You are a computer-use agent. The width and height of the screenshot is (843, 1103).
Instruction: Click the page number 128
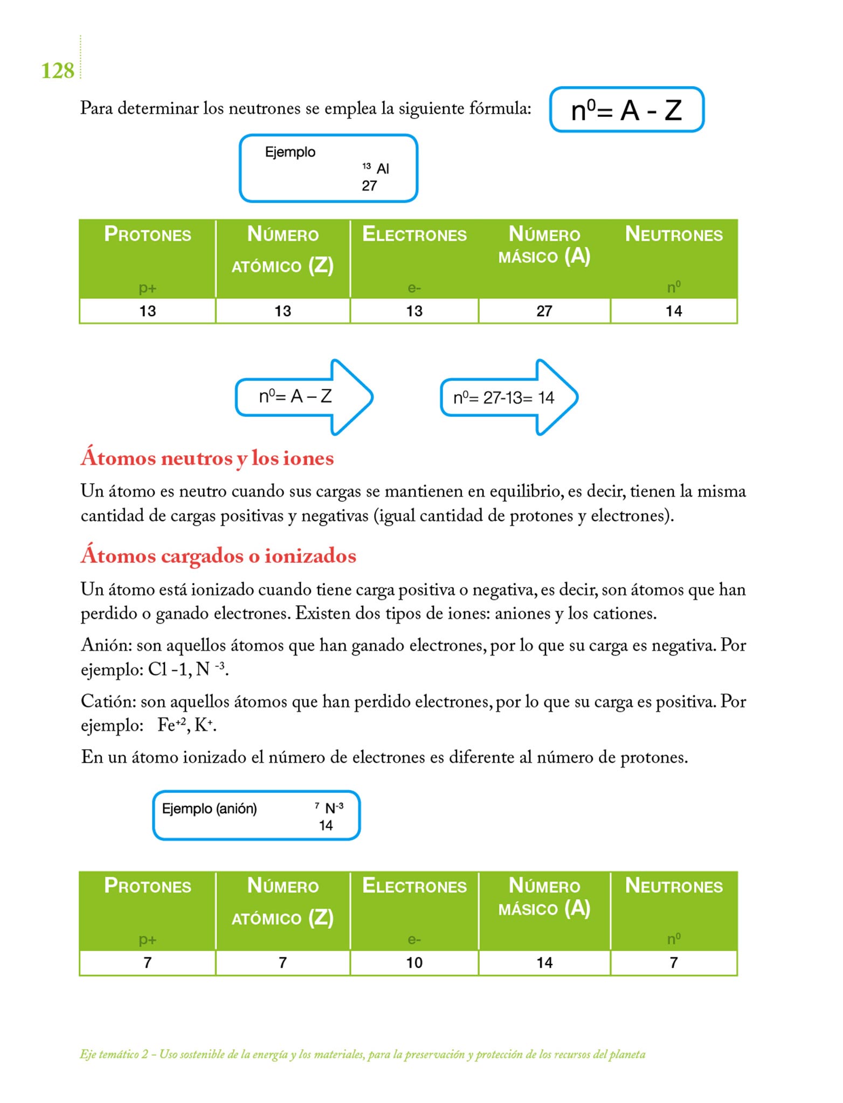(57, 71)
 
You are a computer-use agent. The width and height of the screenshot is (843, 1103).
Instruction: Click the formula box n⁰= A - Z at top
(626, 110)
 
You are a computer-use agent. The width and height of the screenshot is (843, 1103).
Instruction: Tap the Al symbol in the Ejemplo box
(383, 169)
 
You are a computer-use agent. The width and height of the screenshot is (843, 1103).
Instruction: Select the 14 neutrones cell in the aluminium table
(674, 311)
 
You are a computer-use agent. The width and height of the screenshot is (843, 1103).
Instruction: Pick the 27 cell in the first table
(544, 311)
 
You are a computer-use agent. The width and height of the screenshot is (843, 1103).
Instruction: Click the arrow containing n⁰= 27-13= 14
(509, 397)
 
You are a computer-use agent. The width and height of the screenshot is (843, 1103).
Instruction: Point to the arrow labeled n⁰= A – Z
(303, 397)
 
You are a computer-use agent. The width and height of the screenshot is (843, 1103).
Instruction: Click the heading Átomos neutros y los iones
(207, 458)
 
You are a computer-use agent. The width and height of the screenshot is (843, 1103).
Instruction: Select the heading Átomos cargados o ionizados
(218, 555)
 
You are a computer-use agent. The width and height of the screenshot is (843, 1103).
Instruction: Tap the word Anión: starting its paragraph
(106, 645)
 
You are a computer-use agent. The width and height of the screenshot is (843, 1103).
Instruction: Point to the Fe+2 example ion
(171, 725)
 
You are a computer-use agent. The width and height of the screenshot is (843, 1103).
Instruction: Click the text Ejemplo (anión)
(209, 808)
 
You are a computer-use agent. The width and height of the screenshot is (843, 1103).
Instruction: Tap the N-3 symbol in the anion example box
(334, 808)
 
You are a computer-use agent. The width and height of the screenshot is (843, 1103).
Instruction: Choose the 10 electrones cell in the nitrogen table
(414, 962)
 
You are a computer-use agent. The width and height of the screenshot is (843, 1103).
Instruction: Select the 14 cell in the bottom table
(544, 962)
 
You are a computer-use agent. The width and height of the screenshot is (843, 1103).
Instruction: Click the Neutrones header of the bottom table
(674, 886)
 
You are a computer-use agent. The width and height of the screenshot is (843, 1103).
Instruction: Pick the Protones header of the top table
(147, 234)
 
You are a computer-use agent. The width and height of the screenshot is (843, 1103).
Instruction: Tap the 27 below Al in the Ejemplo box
(369, 186)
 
